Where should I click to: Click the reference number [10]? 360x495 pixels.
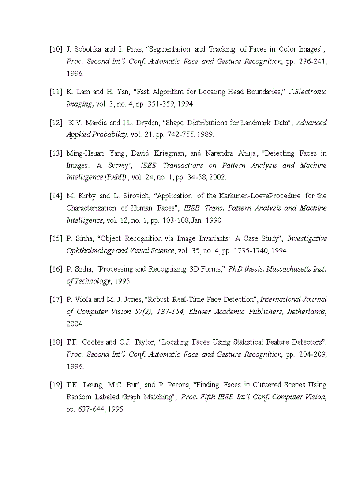tap(56, 49)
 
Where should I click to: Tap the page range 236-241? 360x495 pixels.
tap(313, 61)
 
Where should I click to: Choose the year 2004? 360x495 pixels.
tap(75, 324)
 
